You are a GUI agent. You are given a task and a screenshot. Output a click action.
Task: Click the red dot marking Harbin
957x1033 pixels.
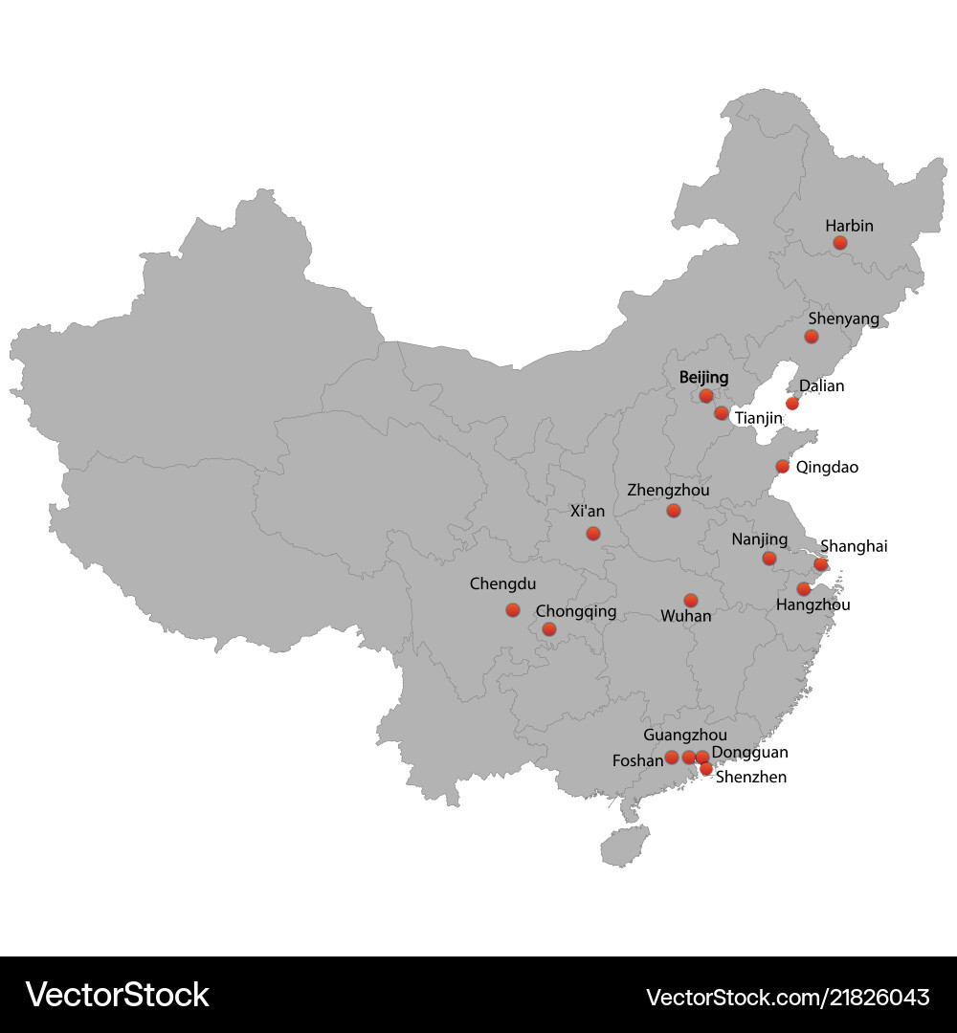[x=839, y=243]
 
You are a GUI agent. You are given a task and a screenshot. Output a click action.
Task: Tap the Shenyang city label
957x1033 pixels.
[x=843, y=319]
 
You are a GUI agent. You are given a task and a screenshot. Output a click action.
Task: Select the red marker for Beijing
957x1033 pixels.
[x=706, y=396]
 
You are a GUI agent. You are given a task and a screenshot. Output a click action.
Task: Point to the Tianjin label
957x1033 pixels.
[x=759, y=419]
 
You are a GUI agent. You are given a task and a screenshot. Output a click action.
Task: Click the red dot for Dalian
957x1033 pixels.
[x=792, y=404]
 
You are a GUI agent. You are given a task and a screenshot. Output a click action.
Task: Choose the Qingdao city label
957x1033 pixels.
[x=827, y=468]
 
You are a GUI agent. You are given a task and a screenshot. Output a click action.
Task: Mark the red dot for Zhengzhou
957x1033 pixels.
[x=674, y=511]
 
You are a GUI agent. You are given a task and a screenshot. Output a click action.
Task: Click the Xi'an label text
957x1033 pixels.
[x=588, y=512]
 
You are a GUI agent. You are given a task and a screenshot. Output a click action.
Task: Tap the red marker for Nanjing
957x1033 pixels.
[x=769, y=559]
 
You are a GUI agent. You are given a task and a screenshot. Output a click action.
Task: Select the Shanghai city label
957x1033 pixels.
[x=854, y=546]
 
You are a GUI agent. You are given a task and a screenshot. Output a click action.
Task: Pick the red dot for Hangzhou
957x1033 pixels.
[x=803, y=589]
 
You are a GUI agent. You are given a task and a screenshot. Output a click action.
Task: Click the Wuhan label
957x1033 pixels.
[x=686, y=617]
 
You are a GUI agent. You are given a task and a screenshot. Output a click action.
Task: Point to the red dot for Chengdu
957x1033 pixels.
[x=513, y=610]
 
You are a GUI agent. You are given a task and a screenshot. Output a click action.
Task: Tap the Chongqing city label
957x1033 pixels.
[x=576, y=611]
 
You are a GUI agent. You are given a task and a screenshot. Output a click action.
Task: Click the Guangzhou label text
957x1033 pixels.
[x=685, y=736]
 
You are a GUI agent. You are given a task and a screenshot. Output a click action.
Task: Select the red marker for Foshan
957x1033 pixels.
[x=672, y=758]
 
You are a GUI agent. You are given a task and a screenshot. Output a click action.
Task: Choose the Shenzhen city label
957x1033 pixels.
[x=751, y=778]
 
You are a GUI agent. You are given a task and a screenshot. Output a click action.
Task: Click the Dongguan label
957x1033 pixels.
[x=750, y=754]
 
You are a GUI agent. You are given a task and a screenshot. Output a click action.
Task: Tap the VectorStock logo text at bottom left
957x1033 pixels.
[x=117, y=995]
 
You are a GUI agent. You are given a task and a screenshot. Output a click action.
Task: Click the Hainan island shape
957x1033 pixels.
[x=624, y=846]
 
